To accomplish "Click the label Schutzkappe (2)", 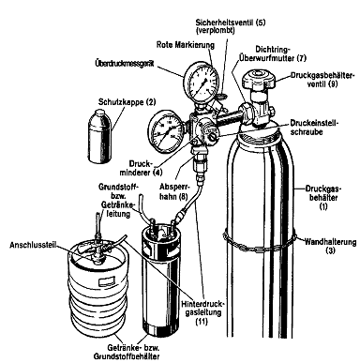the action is point(127,102).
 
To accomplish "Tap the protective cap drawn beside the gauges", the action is point(100,136).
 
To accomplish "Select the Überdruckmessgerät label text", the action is point(124,64).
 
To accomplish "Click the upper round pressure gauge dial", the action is point(202,83).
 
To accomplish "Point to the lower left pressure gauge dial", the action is point(165,132).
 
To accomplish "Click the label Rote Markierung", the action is point(186,45).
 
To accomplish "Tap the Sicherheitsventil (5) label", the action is point(231,26).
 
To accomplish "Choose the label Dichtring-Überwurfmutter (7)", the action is point(272,53).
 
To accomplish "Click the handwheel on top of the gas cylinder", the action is point(258,79).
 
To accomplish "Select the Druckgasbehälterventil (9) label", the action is point(322,80).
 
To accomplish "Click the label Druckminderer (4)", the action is point(145,168).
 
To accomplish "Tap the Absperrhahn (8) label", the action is point(174,191).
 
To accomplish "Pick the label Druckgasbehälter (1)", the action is point(323,198).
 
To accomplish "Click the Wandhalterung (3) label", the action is point(330,246).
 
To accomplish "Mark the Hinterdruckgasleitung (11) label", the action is point(202,312).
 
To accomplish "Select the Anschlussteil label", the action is point(33,245).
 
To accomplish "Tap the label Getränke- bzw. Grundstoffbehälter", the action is point(127,352).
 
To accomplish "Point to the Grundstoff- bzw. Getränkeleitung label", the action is point(118,200).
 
